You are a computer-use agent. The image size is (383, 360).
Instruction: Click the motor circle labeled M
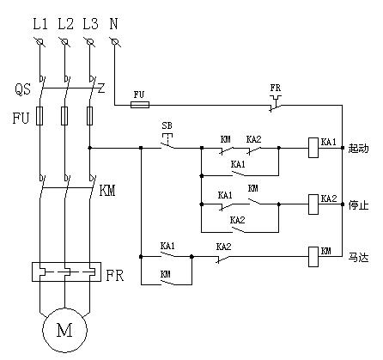(64, 330)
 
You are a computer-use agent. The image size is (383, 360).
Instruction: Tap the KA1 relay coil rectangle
(313, 148)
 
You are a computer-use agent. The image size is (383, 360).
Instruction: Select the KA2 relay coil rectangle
(313, 204)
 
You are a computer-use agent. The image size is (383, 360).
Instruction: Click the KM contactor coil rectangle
(313, 257)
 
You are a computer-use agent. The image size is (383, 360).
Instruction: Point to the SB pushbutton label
(167, 125)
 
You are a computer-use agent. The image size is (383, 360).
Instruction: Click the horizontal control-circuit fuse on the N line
(140, 105)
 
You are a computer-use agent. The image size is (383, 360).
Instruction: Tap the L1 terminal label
(40, 24)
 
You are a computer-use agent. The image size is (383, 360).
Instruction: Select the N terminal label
(113, 24)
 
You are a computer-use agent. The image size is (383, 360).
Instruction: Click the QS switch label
(22, 88)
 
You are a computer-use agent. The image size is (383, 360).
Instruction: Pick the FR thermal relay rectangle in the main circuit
(66, 272)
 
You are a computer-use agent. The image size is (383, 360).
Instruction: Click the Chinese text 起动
(358, 149)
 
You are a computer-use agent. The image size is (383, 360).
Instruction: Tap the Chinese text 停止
(358, 205)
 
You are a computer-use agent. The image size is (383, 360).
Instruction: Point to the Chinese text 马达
(358, 257)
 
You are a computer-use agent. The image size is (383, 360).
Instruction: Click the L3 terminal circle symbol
(90, 42)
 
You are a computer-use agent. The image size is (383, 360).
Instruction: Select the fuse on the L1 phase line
(40, 116)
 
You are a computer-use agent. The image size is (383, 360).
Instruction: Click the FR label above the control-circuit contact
(276, 88)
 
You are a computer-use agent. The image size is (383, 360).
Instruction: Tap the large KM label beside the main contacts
(107, 191)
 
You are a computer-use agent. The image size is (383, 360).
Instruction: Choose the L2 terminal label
(65, 24)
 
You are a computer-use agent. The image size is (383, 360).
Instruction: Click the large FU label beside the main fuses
(21, 118)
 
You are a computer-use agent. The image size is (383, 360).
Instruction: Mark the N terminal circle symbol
(115, 42)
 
